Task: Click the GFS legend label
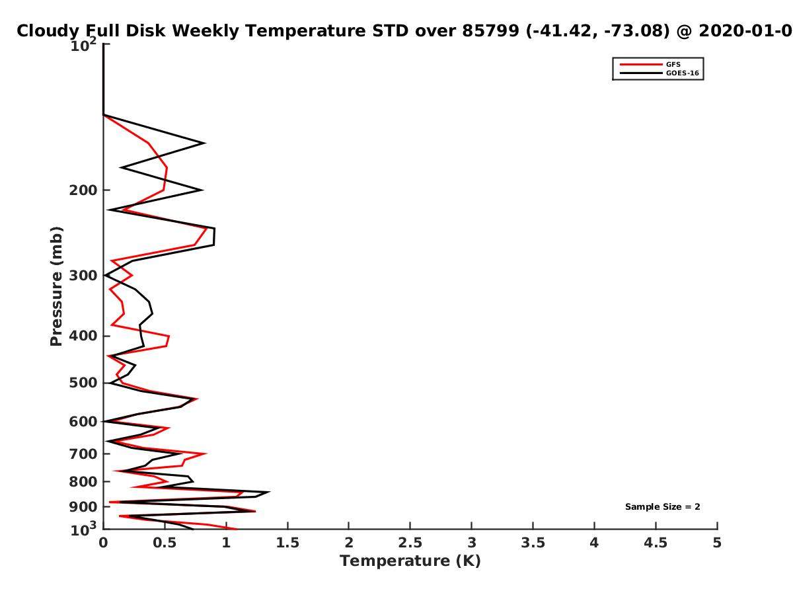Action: (673, 64)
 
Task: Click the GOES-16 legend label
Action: (682, 73)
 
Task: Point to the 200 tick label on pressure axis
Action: (83, 190)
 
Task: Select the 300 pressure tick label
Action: (83, 276)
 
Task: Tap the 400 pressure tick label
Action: (83, 336)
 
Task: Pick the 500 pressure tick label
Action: (83, 383)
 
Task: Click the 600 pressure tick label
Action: (83, 422)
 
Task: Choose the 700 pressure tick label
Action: (83, 454)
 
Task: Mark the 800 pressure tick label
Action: (83, 481)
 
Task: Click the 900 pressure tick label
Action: (83, 507)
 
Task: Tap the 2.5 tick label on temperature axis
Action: (410, 543)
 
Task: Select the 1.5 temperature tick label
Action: (287, 543)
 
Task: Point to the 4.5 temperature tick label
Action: (656, 543)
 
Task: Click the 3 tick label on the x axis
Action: (471, 543)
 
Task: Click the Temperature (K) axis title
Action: (410, 561)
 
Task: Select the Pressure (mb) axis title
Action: (56, 286)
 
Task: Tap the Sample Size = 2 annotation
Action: (662, 507)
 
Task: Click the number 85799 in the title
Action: (490, 31)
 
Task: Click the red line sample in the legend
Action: (641, 64)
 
